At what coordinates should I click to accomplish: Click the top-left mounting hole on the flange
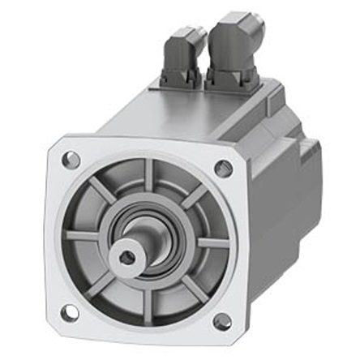click(71, 160)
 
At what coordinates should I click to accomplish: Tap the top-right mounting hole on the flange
click(224, 169)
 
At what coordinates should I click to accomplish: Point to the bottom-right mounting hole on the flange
click(221, 322)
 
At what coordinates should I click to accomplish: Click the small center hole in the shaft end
click(126, 257)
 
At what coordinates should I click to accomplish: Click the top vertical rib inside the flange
click(146, 176)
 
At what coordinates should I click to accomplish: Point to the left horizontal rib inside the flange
click(82, 236)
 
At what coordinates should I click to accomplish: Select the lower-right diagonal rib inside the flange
click(191, 288)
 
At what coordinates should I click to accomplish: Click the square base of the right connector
click(231, 79)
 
